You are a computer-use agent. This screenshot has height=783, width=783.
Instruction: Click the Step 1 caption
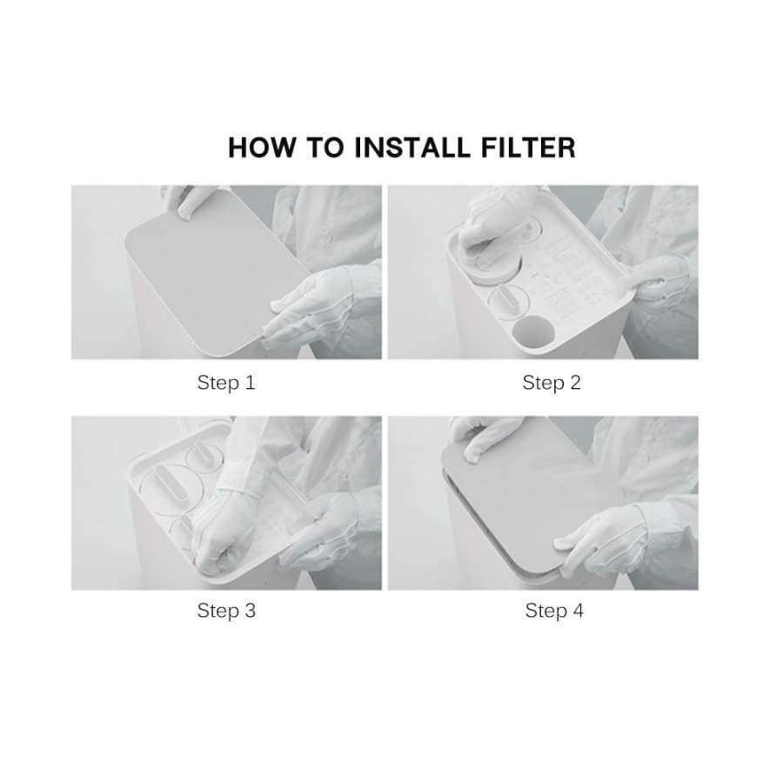226,383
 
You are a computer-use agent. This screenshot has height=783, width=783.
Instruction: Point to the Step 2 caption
552,383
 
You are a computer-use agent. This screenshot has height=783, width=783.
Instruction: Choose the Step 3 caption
226,611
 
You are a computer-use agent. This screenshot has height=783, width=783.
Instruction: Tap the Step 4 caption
553,611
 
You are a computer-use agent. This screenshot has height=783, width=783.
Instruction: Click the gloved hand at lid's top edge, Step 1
187,200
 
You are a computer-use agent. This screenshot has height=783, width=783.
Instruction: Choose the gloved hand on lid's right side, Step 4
600,539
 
